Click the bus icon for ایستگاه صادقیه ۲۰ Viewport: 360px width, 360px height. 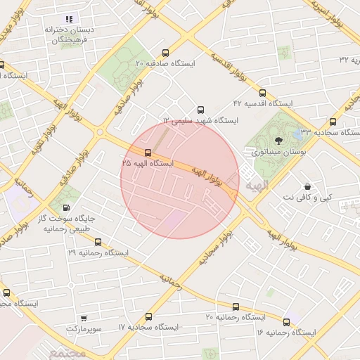coord(165,53)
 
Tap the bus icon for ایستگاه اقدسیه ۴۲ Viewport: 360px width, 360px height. coord(263,93)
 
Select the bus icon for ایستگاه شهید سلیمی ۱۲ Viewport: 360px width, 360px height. coord(201,110)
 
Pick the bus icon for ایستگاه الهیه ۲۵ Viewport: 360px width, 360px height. coord(148,152)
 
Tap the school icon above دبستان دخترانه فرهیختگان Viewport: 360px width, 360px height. coord(69,18)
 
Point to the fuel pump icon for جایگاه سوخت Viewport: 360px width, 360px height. coord(66,207)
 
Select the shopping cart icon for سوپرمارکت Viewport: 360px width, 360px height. coord(84,319)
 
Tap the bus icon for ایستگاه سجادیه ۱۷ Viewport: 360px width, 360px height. coord(148,317)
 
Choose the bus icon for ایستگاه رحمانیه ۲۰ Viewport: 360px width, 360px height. coord(236,307)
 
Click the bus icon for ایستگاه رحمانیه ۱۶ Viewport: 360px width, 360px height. coord(288,321)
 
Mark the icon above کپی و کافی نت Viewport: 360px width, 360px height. coord(307,187)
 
